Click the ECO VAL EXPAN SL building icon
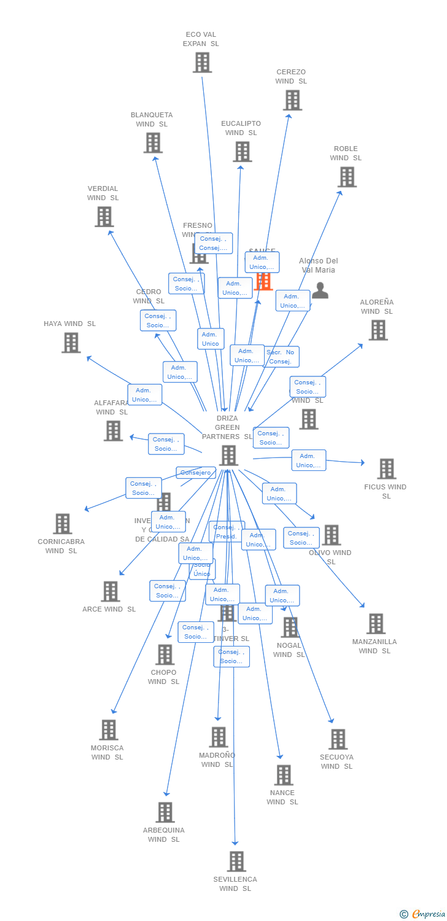tap(202, 63)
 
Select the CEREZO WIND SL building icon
tap(292, 100)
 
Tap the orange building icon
tap(263, 281)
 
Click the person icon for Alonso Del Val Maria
tap(320, 290)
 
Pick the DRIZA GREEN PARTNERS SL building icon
tap(228, 456)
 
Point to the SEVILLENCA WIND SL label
tap(235, 884)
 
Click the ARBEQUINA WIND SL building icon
tap(165, 812)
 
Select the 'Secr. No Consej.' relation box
tap(281, 357)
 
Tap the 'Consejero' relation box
tap(196, 473)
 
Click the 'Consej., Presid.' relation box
tap(226, 532)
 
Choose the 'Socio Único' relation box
tap(202, 570)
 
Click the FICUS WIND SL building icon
tap(386, 468)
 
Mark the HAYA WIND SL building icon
tap(71, 343)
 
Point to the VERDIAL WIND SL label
tap(103, 193)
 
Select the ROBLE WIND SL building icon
tap(347, 177)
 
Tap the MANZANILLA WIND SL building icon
tap(376, 624)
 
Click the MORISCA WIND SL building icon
tap(109, 730)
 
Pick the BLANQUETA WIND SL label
tap(152, 120)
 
